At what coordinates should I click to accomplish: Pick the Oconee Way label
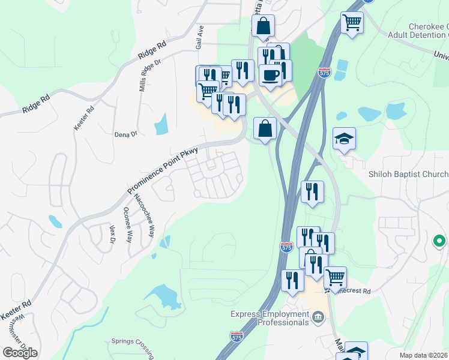click(127, 224)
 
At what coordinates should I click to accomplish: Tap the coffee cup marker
click(270, 75)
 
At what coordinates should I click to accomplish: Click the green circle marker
click(439, 242)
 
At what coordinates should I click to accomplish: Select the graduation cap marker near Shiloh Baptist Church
click(344, 139)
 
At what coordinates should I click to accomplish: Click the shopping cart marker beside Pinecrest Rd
click(335, 278)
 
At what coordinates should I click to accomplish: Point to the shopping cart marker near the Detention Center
click(352, 23)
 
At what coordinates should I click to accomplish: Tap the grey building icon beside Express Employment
click(318, 317)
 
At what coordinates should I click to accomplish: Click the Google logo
click(20, 352)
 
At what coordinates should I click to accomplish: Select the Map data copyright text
click(424, 355)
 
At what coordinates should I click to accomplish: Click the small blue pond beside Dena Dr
click(161, 124)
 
